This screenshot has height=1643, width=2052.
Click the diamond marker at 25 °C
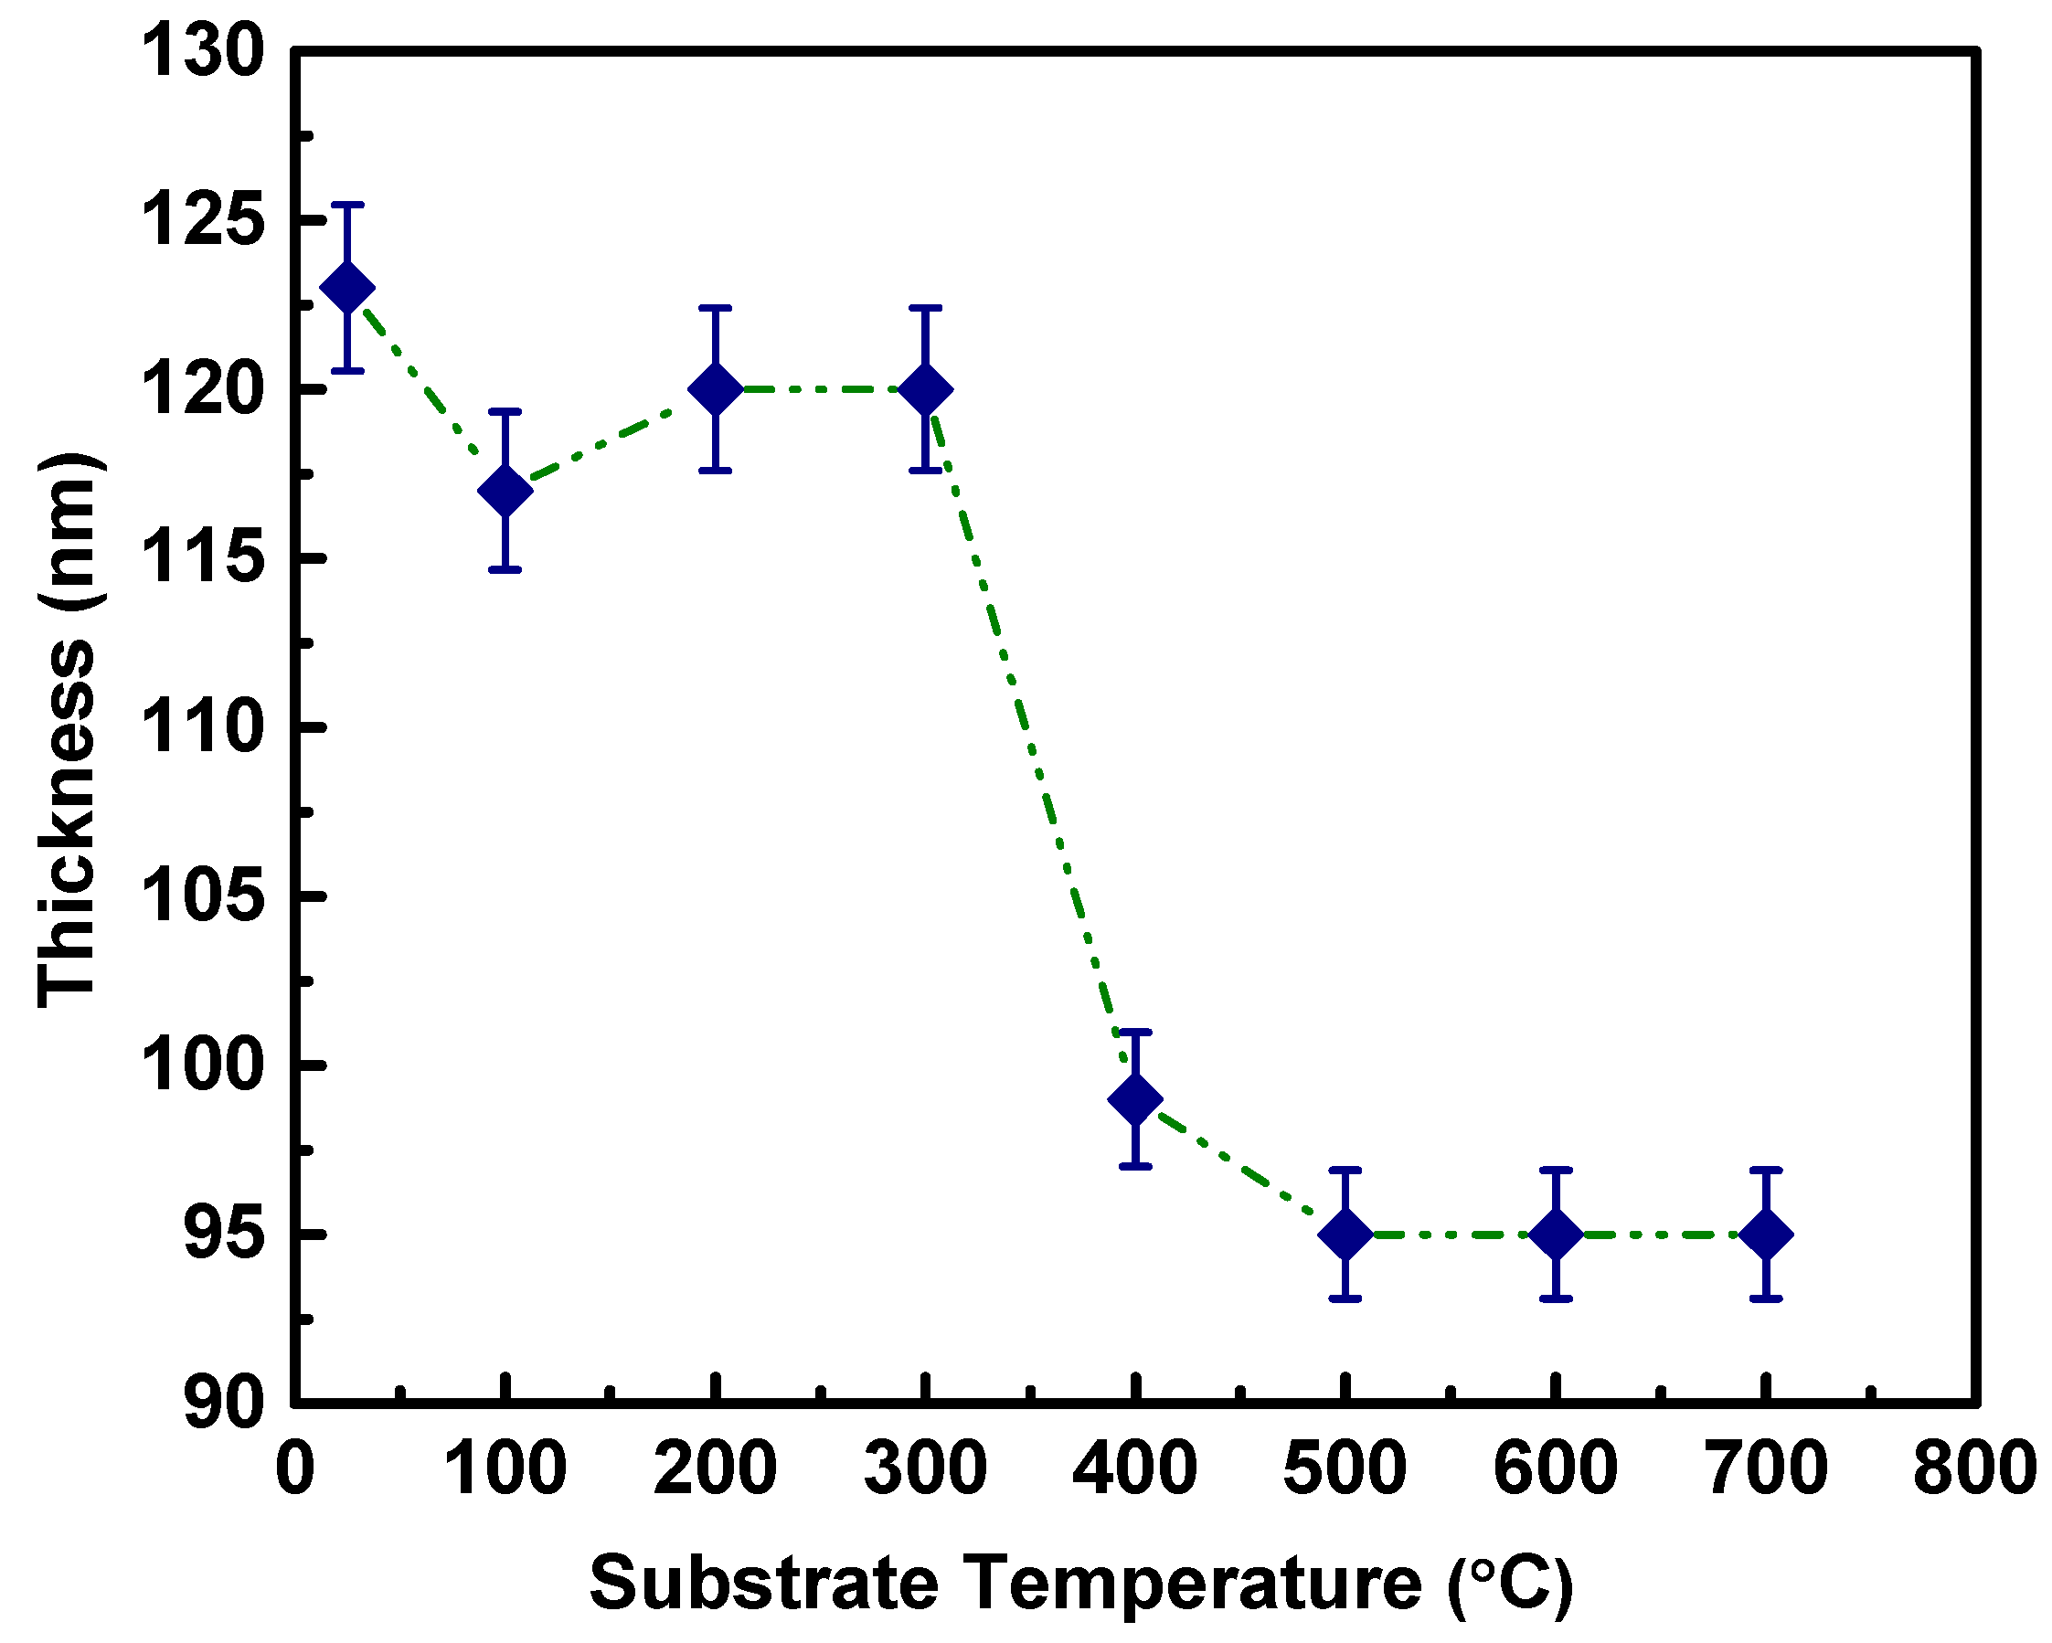(x=347, y=287)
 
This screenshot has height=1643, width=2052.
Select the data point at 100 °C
(x=505, y=491)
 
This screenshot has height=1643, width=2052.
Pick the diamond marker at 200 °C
(x=715, y=389)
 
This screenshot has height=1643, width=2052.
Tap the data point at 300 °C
(x=925, y=389)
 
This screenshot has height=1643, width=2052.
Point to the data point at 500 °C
(x=1345, y=1235)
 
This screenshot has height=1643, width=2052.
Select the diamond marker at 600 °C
(x=1555, y=1235)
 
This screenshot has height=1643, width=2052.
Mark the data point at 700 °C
(x=1766, y=1235)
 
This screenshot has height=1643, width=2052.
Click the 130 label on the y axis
(x=202, y=52)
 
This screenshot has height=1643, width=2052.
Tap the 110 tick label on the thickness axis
(x=202, y=727)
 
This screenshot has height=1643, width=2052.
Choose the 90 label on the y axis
(x=224, y=1404)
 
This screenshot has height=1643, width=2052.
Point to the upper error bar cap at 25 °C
(x=347, y=205)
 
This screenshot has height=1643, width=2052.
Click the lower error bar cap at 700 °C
(x=1766, y=1298)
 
